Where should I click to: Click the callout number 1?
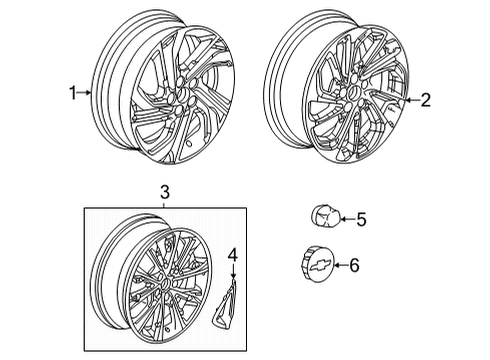(x=72, y=93)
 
